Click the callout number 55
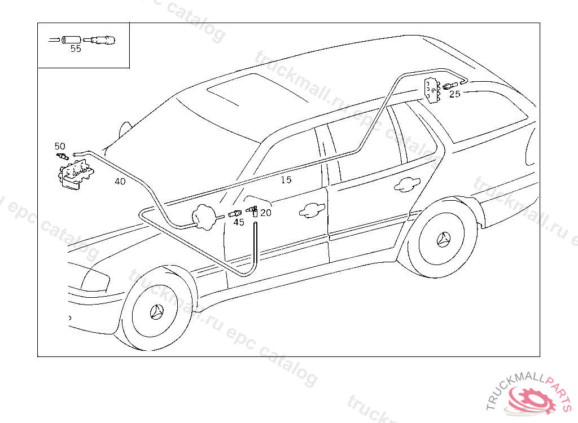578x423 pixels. [x=76, y=49]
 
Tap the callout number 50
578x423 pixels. [x=60, y=146]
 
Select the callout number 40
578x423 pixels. [x=120, y=182]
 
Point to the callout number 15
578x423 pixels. [x=286, y=180]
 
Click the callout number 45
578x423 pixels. [x=239, y=222]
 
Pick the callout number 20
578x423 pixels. [x=265, y=213]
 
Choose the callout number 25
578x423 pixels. [x=454, y=94]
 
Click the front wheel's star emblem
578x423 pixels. [x=157, y=312]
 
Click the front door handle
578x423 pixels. [x=309, y=210]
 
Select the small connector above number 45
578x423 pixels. [x=234, y=213]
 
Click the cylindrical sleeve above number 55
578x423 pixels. [x=71, y=39]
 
